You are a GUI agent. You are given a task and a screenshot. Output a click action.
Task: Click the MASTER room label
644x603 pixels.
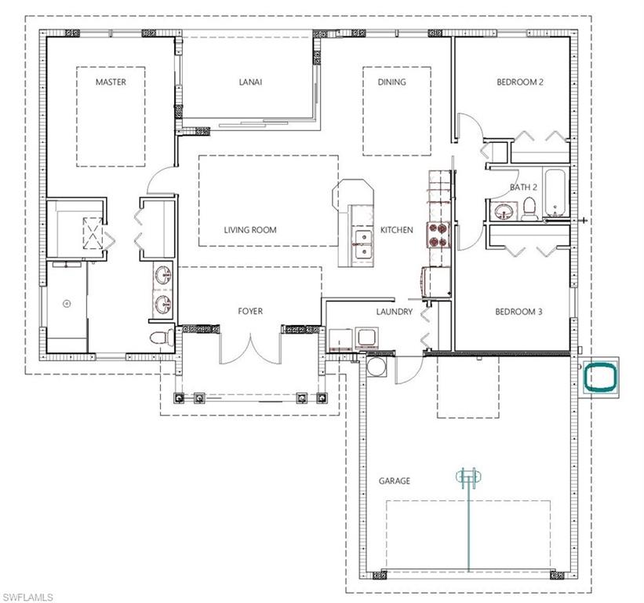(x=111, y=82)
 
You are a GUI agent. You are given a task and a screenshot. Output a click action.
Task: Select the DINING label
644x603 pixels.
(x=391, y=82)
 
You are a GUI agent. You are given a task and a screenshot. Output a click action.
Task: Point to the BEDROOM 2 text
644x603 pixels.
(x=520, y=82)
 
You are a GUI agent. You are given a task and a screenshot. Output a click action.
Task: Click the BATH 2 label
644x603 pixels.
(x=523, y=187)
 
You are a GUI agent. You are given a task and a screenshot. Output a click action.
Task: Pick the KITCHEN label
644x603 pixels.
(x=396, y=230)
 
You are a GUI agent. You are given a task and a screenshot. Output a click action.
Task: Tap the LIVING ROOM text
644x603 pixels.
(x=250, y=230)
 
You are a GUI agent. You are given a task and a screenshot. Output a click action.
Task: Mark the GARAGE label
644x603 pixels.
(x=394, y=481)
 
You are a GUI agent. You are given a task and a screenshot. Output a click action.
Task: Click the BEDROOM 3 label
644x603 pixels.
(x=519, y=312)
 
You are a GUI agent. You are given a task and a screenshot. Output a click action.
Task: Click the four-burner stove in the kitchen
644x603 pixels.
(x=437, y=234)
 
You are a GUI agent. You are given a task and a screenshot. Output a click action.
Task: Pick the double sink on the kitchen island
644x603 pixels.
(x=362, y=243)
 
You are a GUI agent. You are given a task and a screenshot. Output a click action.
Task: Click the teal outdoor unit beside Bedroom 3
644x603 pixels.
(x=601, y=377)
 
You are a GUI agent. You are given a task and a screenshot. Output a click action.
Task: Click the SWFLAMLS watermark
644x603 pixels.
(x=27, y=597)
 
